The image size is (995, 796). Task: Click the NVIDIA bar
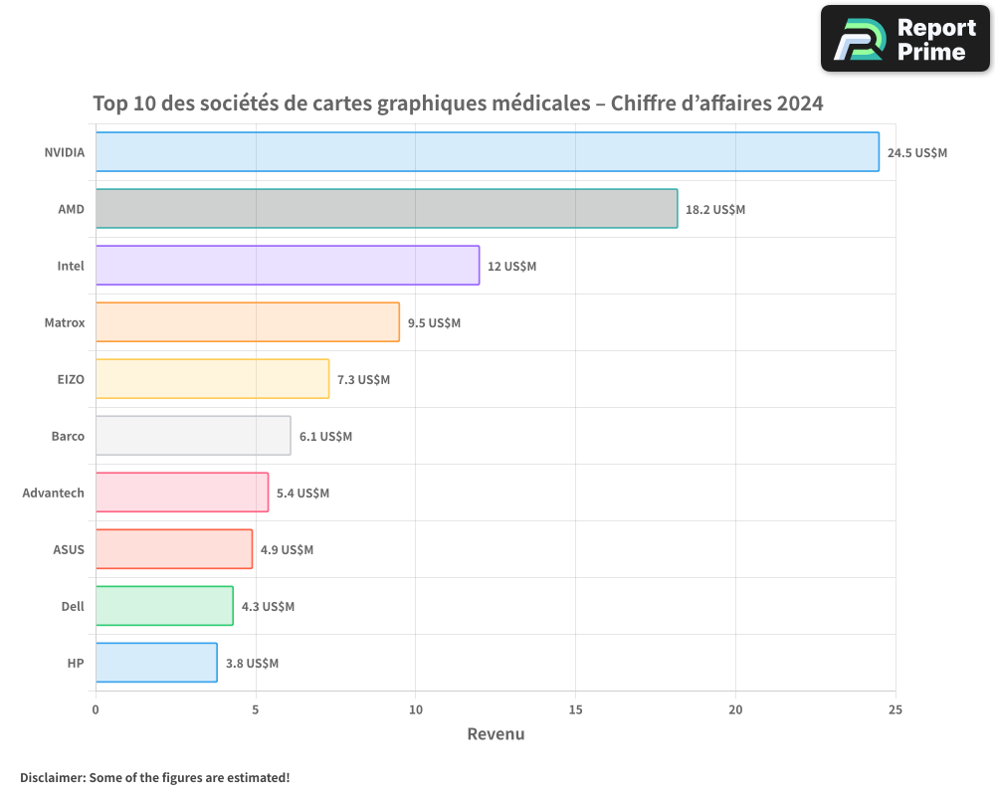point(488,152)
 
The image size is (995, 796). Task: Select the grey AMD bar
point(386,209)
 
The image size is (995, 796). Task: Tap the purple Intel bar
point(288,266)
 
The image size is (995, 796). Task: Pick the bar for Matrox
point(248,322)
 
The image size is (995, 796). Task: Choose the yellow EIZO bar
point(212,379)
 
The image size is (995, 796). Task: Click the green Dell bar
point(164,606)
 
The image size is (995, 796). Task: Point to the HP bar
point(156,663)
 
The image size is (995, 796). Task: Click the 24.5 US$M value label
point(916,153)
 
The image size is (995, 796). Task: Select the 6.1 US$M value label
point(325,437)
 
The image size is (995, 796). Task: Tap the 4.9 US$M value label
point(287,550)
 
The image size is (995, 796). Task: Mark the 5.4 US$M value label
point(302,494)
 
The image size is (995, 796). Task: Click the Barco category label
point(68,436)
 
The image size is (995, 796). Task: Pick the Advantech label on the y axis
point(54,493)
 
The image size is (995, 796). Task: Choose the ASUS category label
point(69,549)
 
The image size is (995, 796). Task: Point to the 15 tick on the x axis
point(575,709)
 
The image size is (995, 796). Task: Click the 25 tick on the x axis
point(895,709)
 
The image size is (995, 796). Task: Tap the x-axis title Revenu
point(496,734)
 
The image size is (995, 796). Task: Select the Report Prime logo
point(904,39)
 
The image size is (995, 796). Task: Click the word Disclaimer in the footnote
point(52,777)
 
